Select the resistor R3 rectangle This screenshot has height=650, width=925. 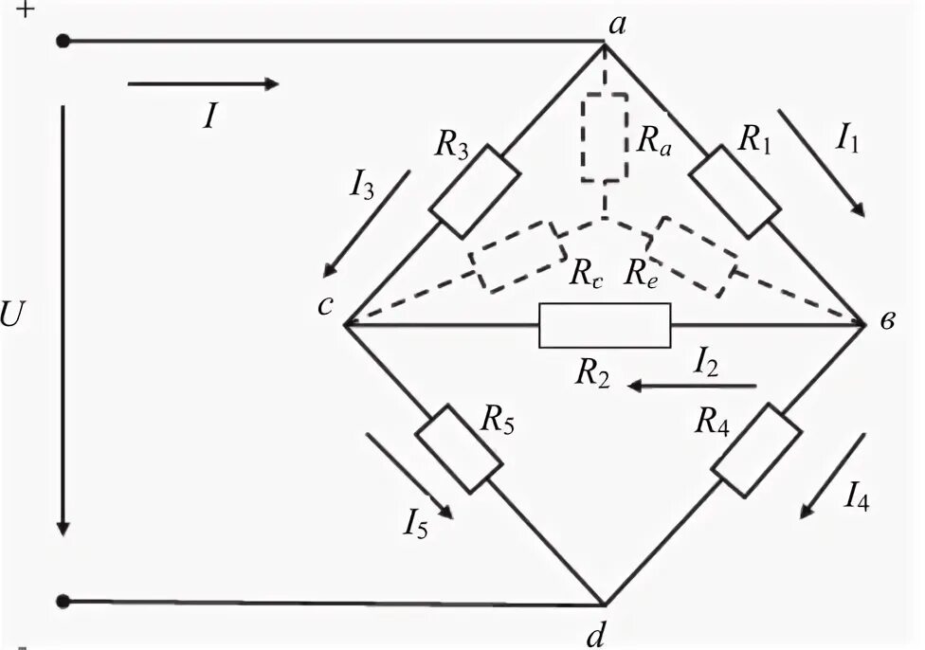[475, 191]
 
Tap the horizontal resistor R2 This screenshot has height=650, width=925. [605, 325]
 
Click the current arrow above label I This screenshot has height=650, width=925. [203, 84]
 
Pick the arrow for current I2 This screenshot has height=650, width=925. [695, 386]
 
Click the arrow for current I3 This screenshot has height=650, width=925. [371, 219]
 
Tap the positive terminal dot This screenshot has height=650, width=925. [63, 41]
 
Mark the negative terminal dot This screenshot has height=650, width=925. [63, 601]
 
